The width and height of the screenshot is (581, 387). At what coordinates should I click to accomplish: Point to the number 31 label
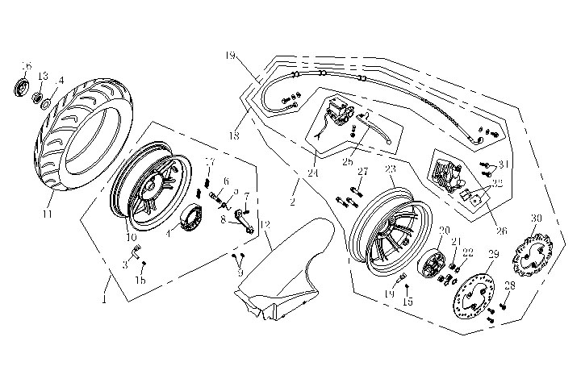tap(504, 164)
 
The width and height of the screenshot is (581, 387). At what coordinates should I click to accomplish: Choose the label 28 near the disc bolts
tap(509, 286)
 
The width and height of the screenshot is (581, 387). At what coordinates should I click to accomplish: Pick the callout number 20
tap(443, 231)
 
